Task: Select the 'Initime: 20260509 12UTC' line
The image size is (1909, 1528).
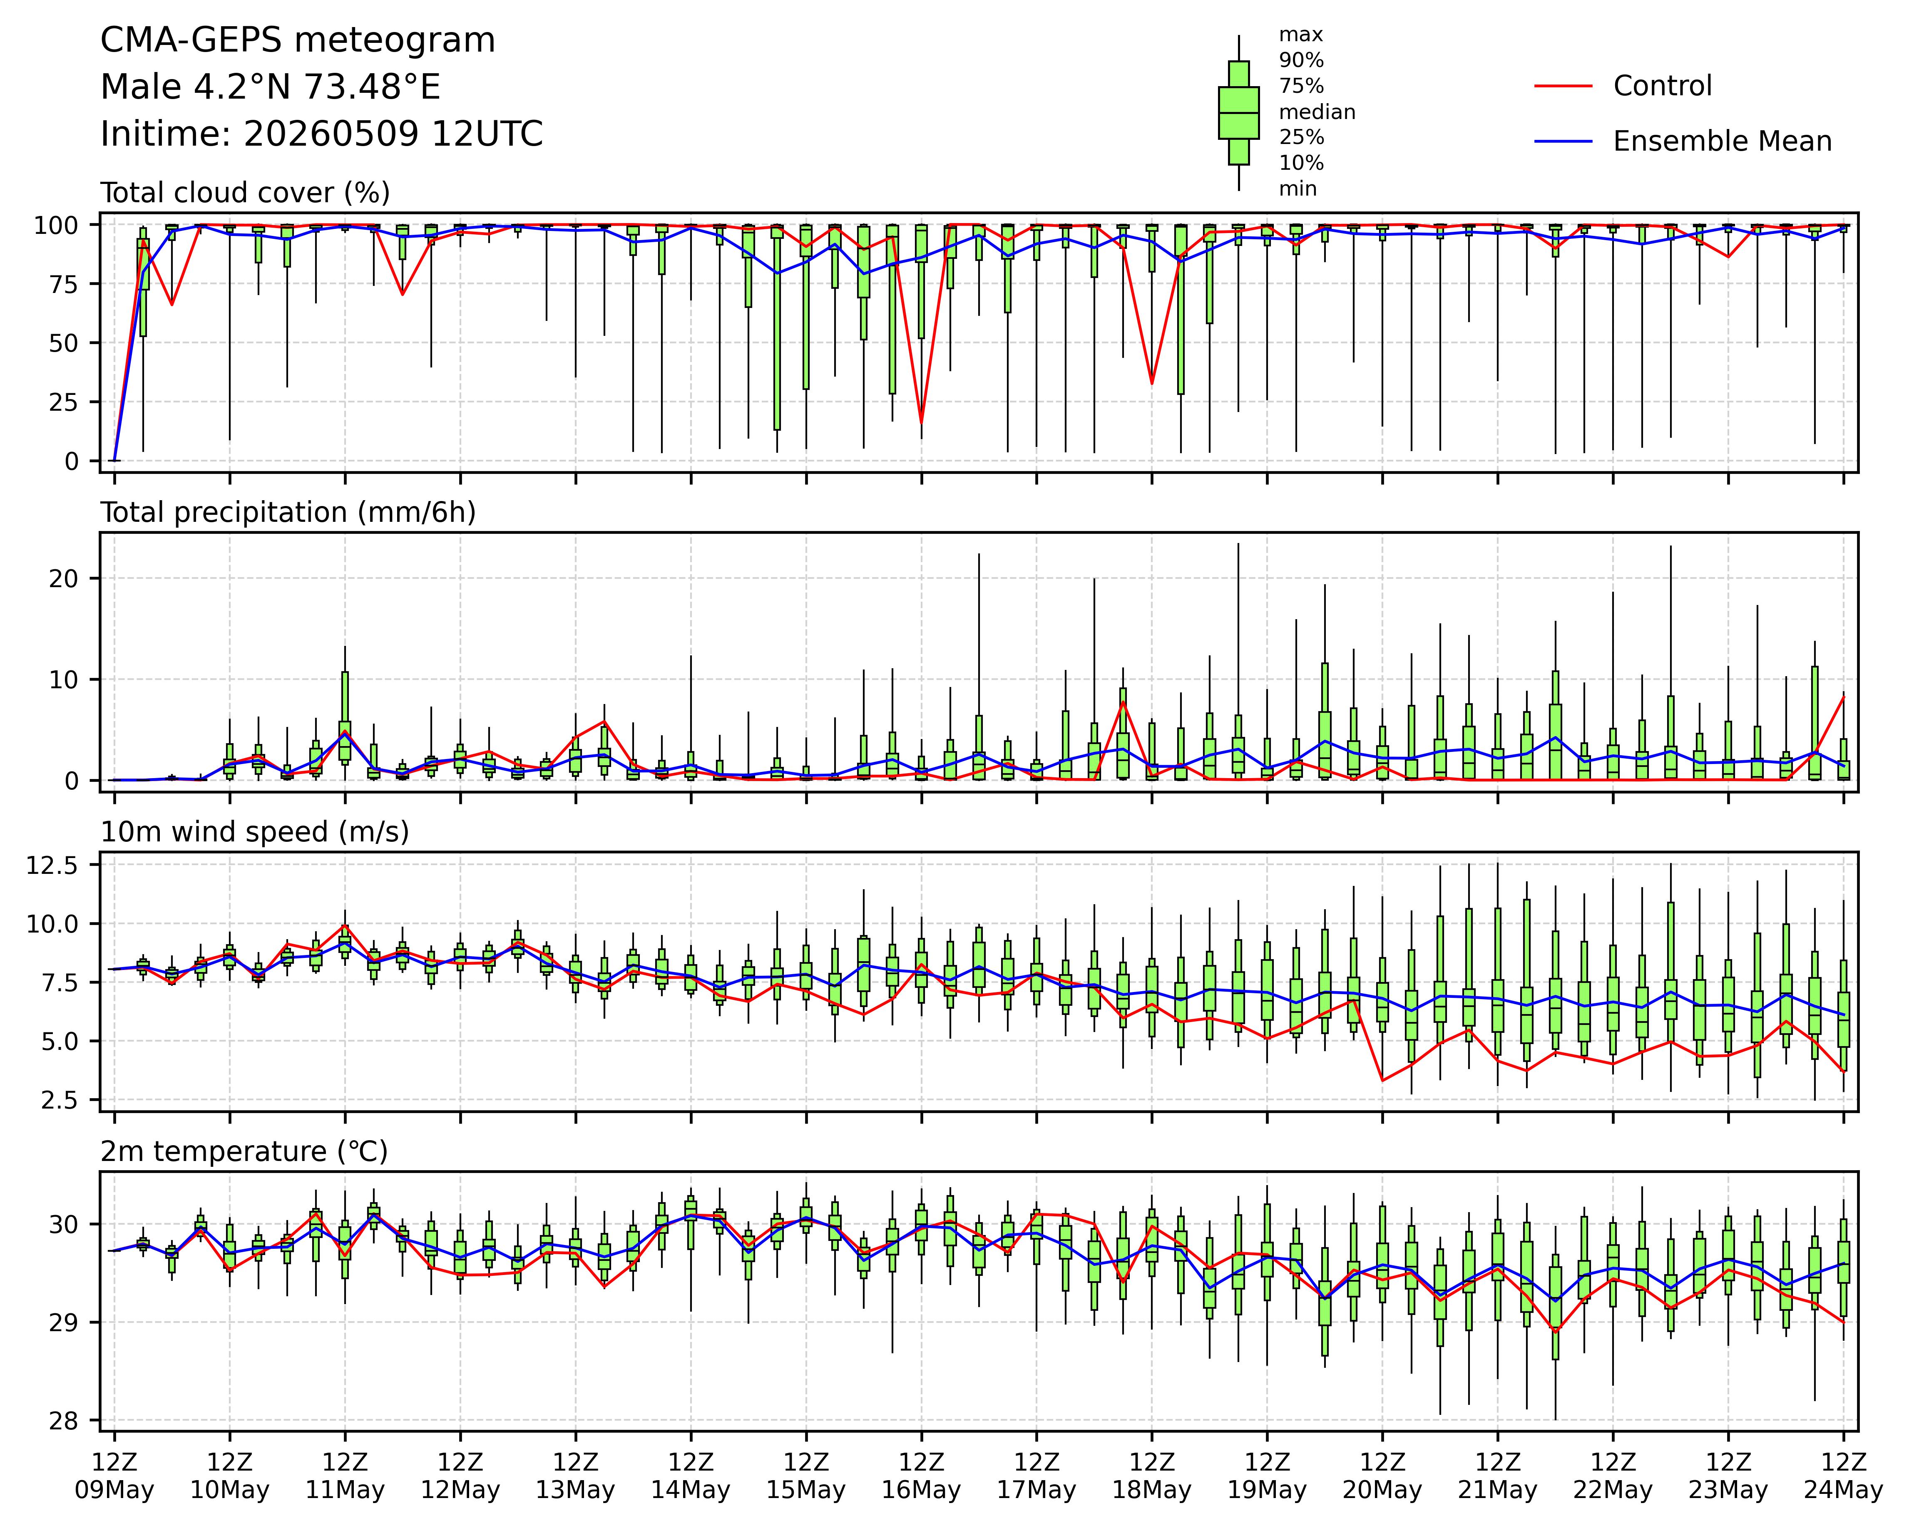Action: point(321,134)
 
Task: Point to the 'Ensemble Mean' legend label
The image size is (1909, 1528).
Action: point(1722,141)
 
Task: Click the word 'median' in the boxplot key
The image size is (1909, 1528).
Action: point(1317,112)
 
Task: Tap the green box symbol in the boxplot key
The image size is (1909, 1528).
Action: point(1239,112)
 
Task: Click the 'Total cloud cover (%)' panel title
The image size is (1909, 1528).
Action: point(245,193)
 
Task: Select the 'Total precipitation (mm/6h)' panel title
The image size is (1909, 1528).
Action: point(288,513)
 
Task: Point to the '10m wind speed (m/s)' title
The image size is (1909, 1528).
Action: point(255,832)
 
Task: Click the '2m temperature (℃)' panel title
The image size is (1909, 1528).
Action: point(244,1152)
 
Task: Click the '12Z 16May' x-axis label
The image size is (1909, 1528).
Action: point(921,1476)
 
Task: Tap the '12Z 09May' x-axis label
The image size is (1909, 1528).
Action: point(114,1476)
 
